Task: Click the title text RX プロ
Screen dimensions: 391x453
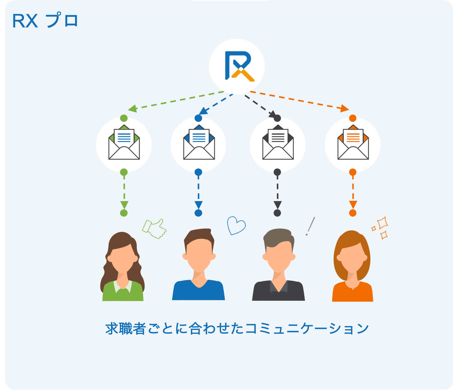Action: (x=45, y=21)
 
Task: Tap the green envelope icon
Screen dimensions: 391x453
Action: (x=124, y=142)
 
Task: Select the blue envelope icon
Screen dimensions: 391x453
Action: (x=199, y=142)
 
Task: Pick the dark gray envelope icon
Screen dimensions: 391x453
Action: (x=278, y=142)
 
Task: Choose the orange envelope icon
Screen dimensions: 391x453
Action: (x=353, y=142)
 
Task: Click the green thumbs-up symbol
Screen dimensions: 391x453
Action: (x=154, y=228)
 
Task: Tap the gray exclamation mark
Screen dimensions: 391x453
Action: (x=310, y=226)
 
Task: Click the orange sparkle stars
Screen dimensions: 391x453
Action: (x=381, y=228)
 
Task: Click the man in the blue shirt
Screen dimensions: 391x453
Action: (x=199, y=265)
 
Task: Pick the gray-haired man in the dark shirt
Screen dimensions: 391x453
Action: (x=278, y=265)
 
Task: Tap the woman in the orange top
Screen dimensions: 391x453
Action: (x=352, y=267)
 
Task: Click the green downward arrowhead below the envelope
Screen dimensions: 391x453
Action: (x=124, y=204)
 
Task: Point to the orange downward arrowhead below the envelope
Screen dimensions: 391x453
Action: (x=353, y=204)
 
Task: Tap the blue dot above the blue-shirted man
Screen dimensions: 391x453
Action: (x=198, y=213)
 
